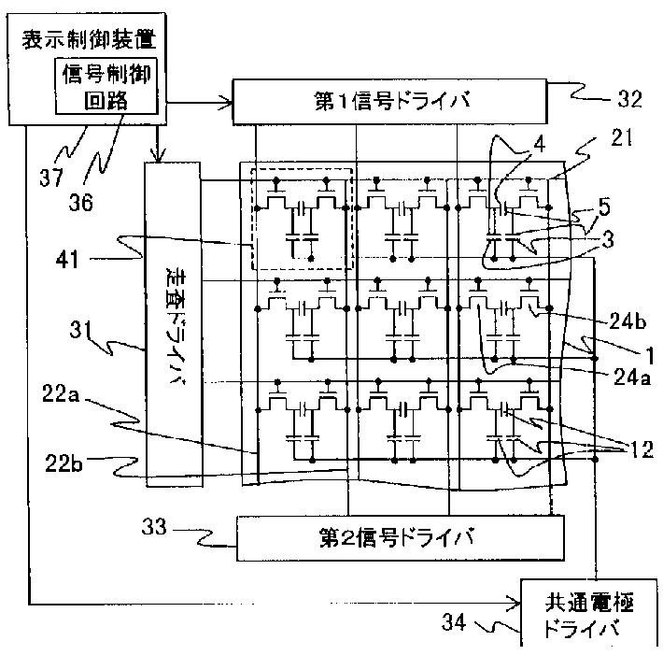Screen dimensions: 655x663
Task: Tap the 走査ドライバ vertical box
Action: click(174, 317)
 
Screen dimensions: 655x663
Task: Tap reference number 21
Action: click(618, 139)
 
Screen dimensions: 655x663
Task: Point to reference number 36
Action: click(81, 201)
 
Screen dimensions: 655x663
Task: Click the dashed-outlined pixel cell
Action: click(298, 223)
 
